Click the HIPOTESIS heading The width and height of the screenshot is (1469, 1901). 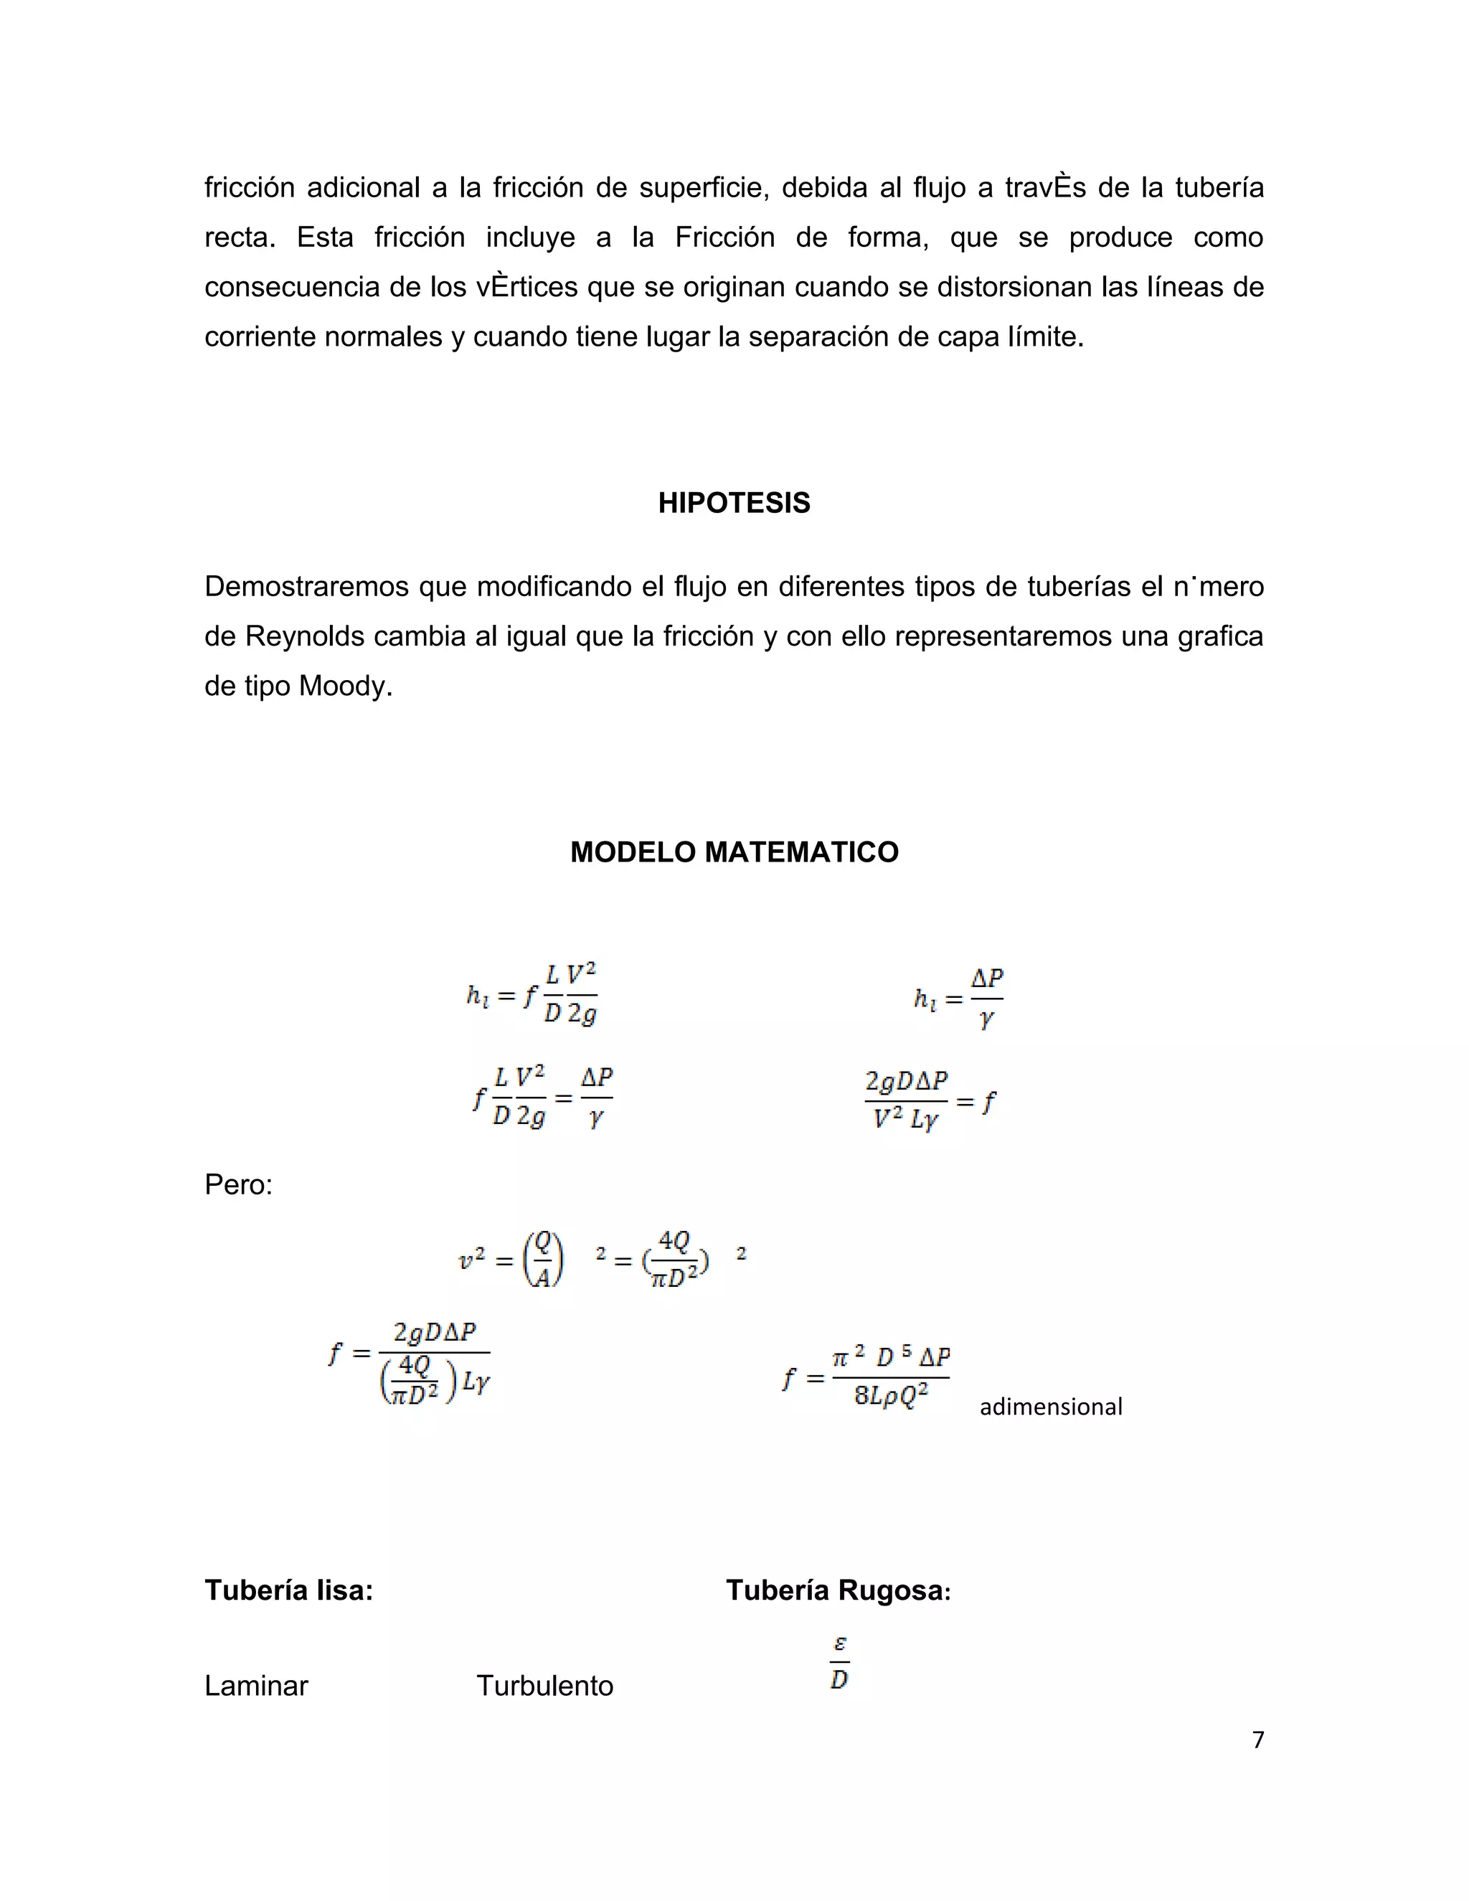pyautogui.click(x=734, y=503)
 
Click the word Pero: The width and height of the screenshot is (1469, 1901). pyautogui.click(x=238, y=1184)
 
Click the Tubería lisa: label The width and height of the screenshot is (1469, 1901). pyautogui.click(x=288, y=1590)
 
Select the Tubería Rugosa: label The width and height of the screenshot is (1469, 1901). pyautogui.click(x=838, y=1590)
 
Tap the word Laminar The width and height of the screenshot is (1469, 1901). pyautogui.click(x=256, y=1686)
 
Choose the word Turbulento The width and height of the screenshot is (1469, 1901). pyautogui.click(x=545, y=1686)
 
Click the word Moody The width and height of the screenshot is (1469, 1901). pyautogui.click(x=344, y=687)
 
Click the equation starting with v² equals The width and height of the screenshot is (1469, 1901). pyautogui.click(x=600, y=1260)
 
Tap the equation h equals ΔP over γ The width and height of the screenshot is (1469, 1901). pyautogui.click(x=959, y=999)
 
